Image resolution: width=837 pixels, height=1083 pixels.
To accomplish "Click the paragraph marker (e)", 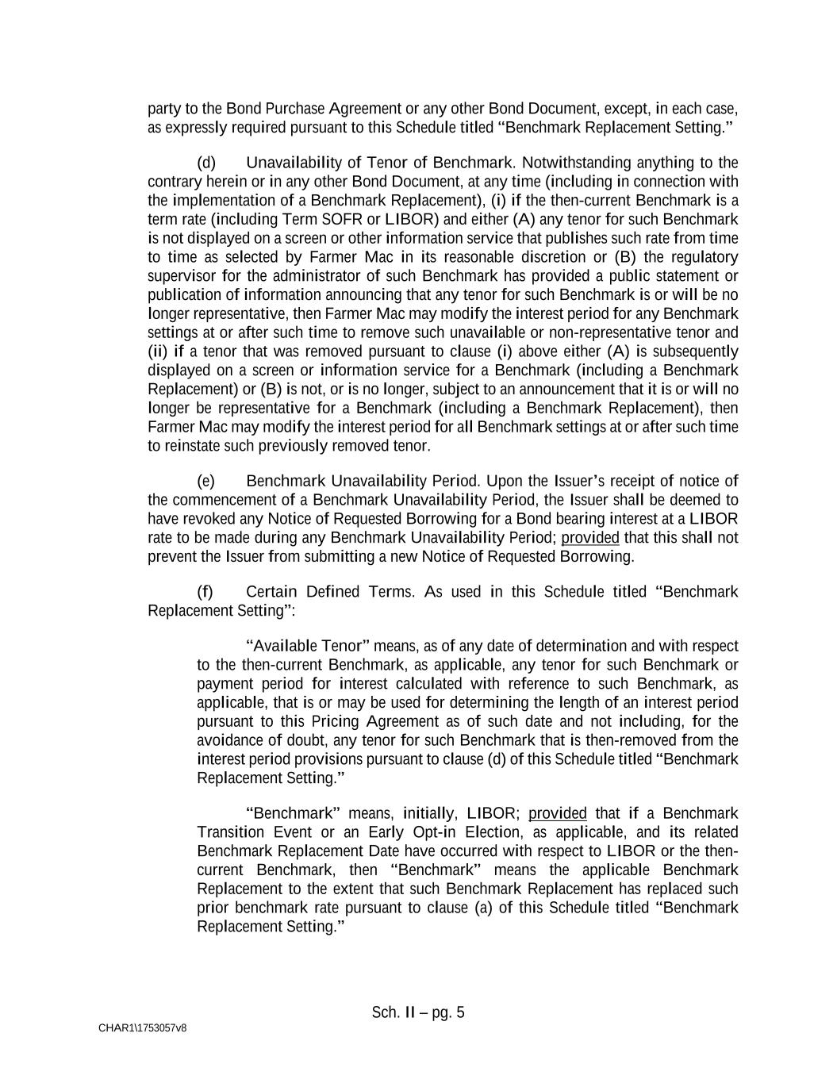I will (x=205, y=482).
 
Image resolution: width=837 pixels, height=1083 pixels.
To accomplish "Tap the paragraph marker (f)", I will (x=205, y=592).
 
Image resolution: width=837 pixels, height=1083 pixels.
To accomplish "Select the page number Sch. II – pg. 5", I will (x=418, y=1013).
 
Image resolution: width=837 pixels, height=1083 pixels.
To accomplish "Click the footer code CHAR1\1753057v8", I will (x=143, y=1028).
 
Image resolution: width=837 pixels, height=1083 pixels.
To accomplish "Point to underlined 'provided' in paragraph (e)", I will (x=590, y=538).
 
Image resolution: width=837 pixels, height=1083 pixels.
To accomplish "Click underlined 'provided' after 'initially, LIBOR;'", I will (x=558, y=814).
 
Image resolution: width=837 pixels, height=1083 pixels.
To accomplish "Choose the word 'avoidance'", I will (x=230, y=741).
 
